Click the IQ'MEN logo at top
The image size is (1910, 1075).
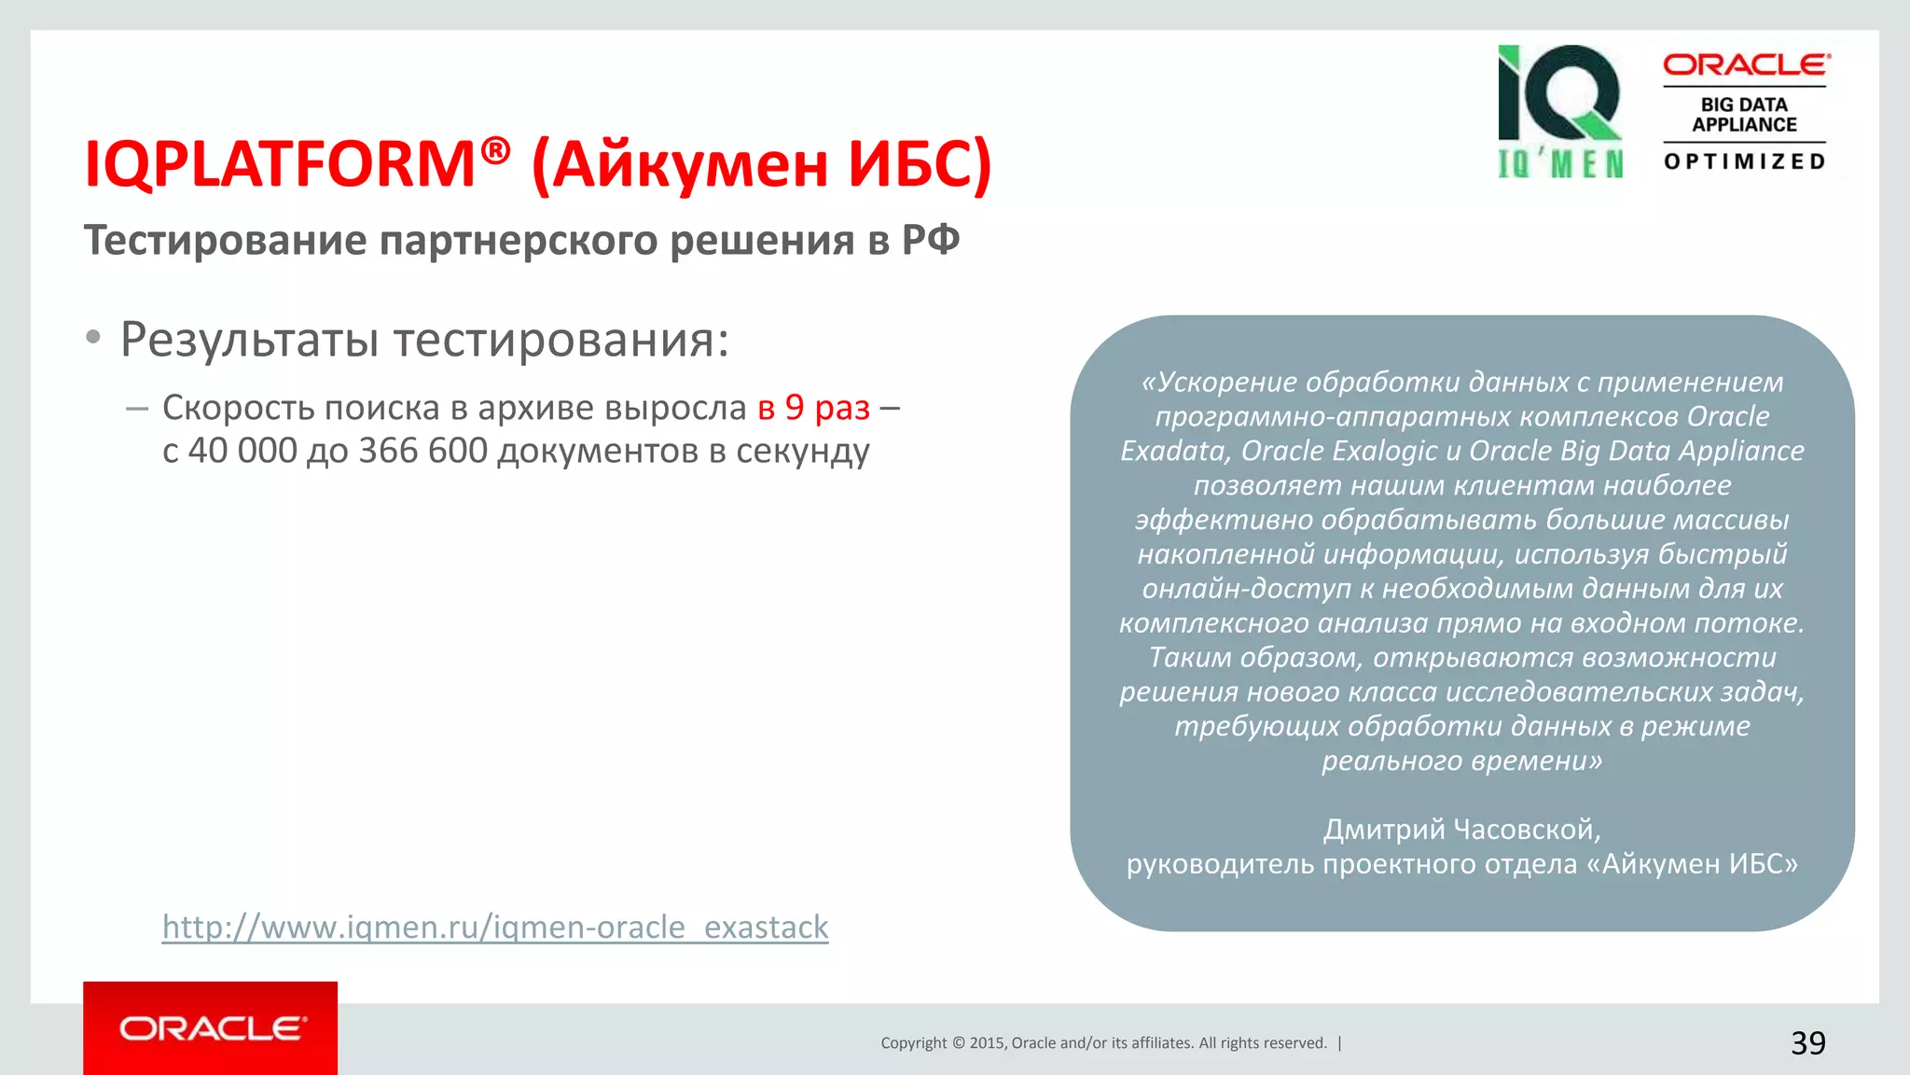click(1559, 111)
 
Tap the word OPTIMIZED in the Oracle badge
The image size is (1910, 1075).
click(1744, 161)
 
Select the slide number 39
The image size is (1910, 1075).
click(1807, 1042)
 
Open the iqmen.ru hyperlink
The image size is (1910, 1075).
click(494, 927)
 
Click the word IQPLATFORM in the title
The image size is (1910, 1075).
click(280, 164)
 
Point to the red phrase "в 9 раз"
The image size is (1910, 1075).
click(813, 408)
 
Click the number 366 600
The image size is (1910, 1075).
click(422, 451)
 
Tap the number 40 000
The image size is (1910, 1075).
click(242, 451)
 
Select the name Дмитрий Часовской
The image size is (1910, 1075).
click(1461, 829)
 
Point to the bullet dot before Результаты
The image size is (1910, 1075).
click(92, 338)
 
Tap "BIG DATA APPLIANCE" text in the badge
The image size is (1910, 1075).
click(1744, 115)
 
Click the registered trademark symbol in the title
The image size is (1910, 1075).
click(496, 149)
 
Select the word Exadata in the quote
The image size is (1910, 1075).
click(1172, 451)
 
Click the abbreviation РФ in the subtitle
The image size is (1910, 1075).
click(930, 240)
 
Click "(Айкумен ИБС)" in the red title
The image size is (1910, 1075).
click(761, 164)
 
